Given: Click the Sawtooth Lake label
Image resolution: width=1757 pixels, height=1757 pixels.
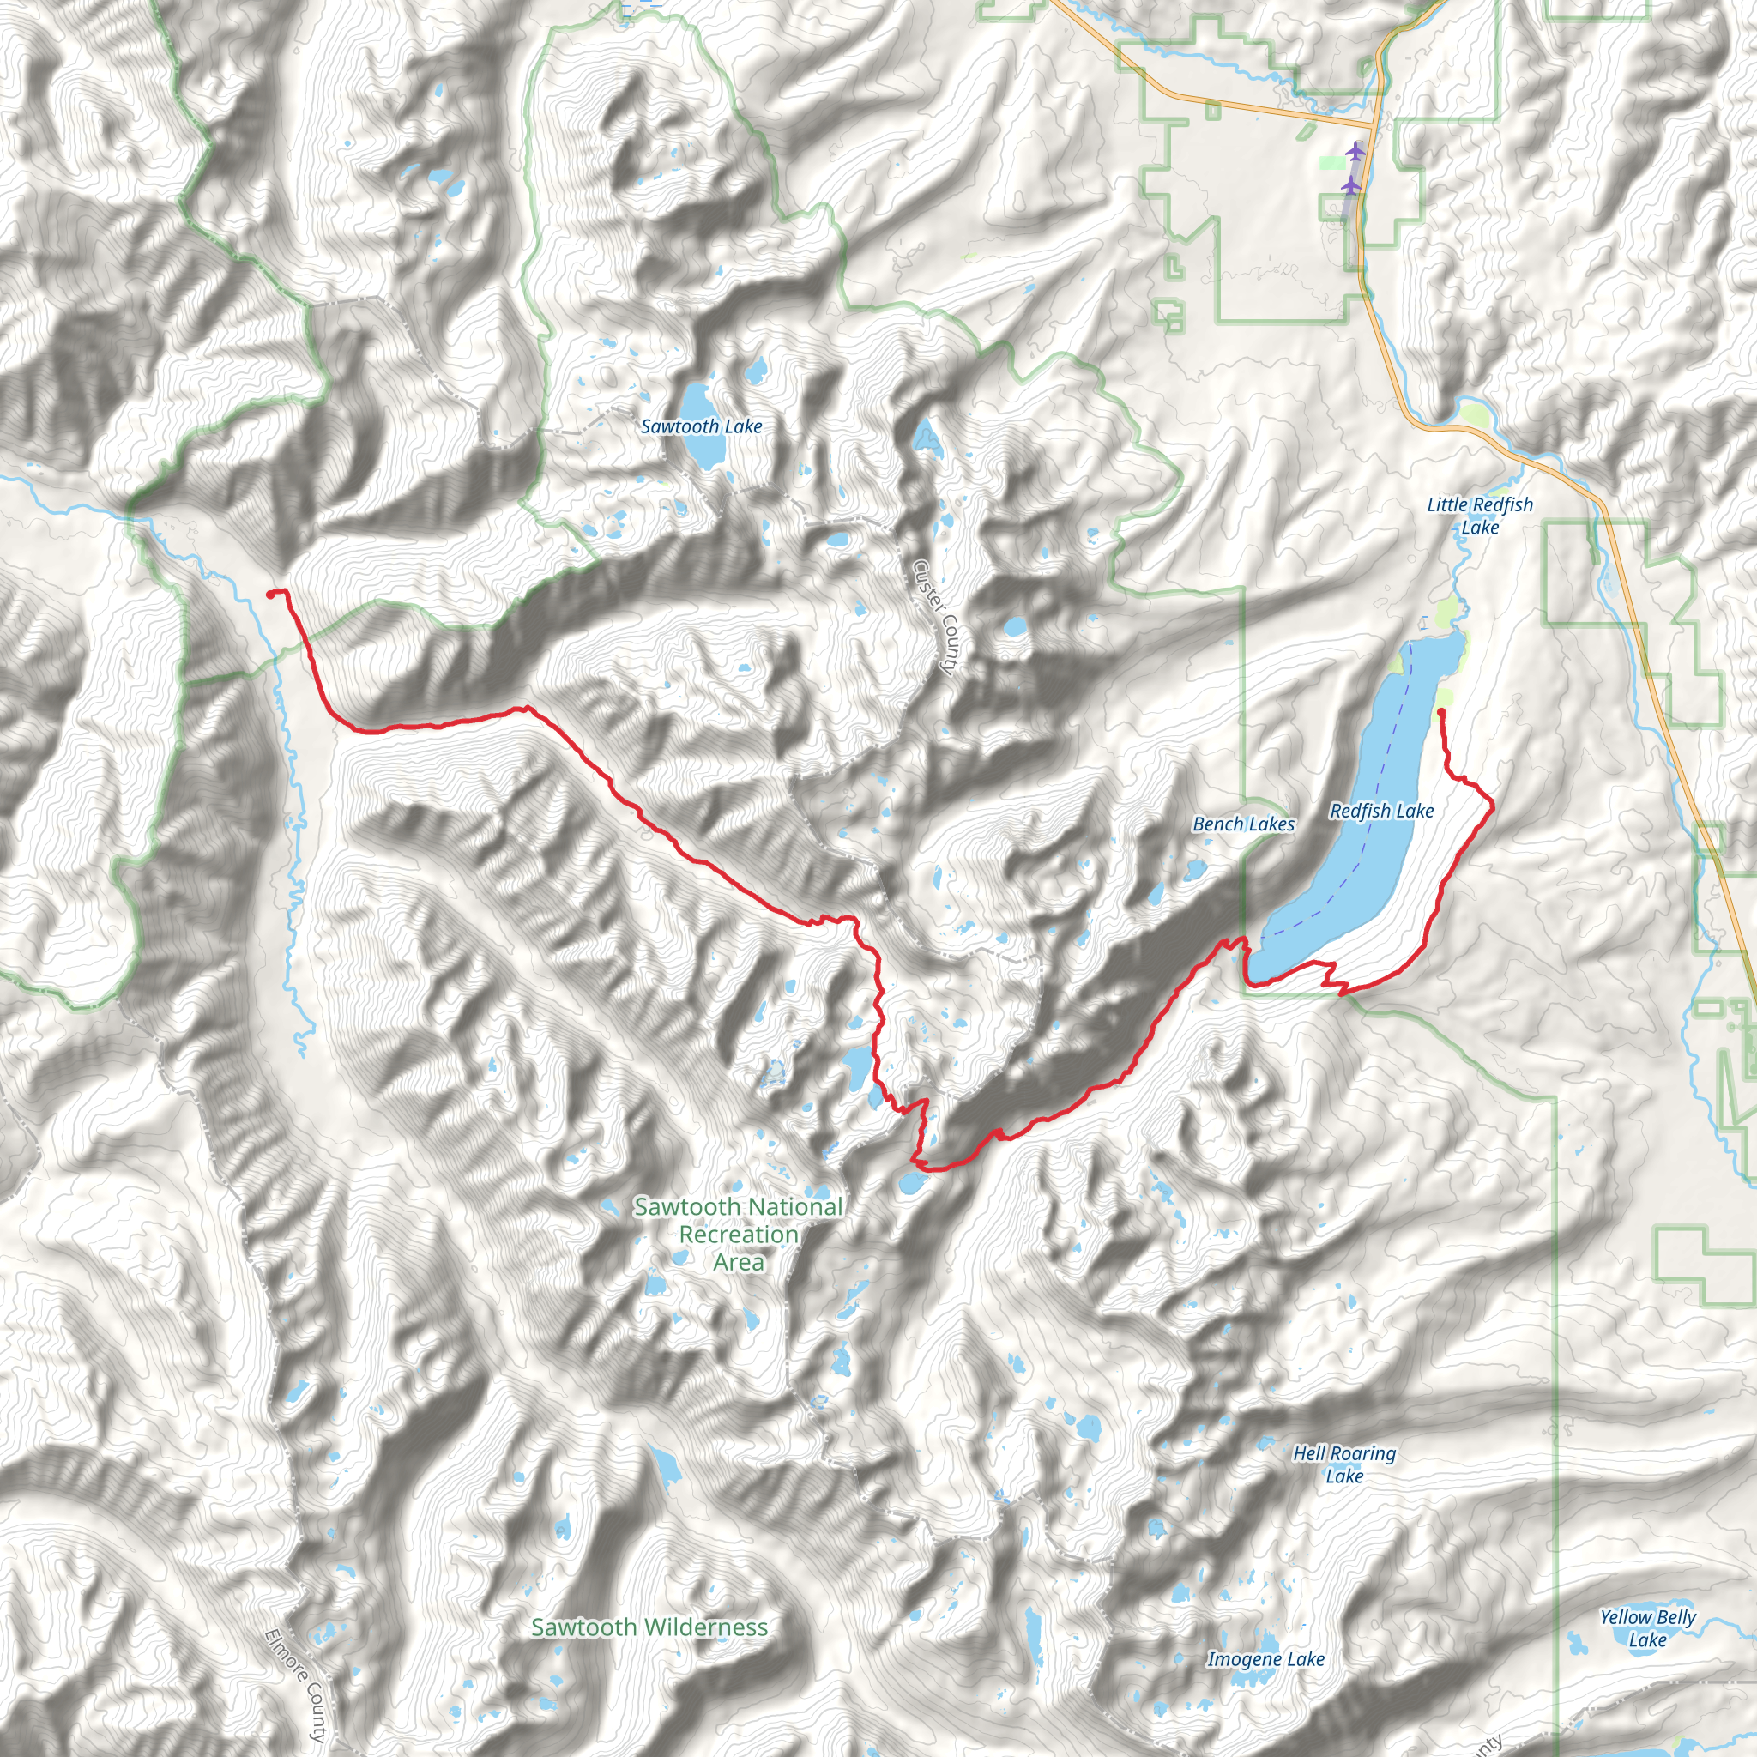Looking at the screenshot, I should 701,426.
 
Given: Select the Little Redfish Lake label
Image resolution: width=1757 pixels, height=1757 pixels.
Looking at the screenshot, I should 1480,516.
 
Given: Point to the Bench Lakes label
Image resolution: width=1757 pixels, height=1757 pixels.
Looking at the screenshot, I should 1243,824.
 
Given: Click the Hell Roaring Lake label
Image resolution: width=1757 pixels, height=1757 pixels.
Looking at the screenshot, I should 1344,1464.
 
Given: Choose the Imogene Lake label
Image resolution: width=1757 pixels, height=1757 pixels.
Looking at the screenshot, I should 1265,1659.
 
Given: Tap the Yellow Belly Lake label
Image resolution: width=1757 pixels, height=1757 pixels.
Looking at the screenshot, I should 1648,1627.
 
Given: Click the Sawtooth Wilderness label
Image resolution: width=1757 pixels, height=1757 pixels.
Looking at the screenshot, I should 649,1627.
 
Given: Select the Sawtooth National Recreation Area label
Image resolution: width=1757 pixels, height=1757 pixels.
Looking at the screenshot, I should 739,1234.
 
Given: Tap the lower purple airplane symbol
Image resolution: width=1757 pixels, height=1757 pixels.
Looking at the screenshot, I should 1351,185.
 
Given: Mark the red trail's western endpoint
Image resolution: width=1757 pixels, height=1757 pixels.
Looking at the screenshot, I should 269,594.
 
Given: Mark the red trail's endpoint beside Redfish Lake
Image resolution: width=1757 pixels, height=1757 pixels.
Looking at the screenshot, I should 1441,711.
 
